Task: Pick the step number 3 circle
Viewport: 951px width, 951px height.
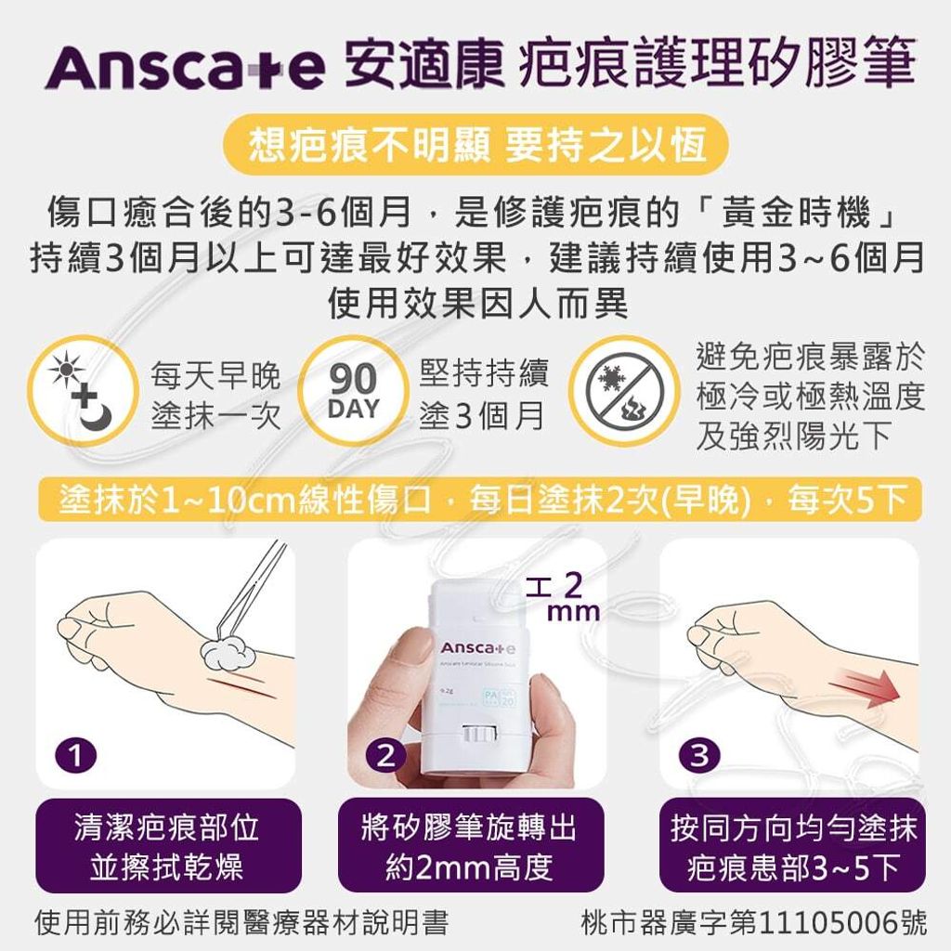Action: (x=700, y=757)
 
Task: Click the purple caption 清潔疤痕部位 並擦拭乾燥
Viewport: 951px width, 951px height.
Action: (x=168, y=846)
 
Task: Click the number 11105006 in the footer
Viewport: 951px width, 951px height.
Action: (x=830, y=923)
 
